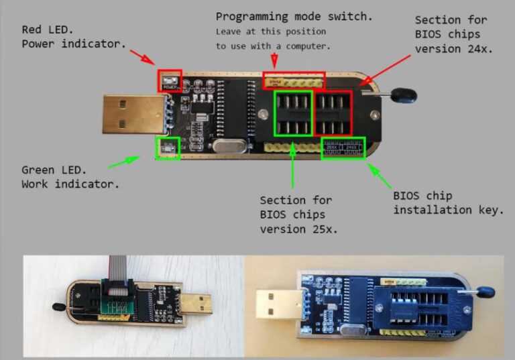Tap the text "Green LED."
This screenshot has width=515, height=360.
point(54,170)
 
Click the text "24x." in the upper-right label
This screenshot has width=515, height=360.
point(481,49)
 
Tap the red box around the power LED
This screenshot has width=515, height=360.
point(169,80)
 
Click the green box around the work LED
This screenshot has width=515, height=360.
point(167,147)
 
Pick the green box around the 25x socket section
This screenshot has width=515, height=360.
point(293,114)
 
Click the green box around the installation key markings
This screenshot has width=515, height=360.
point(343,147)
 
